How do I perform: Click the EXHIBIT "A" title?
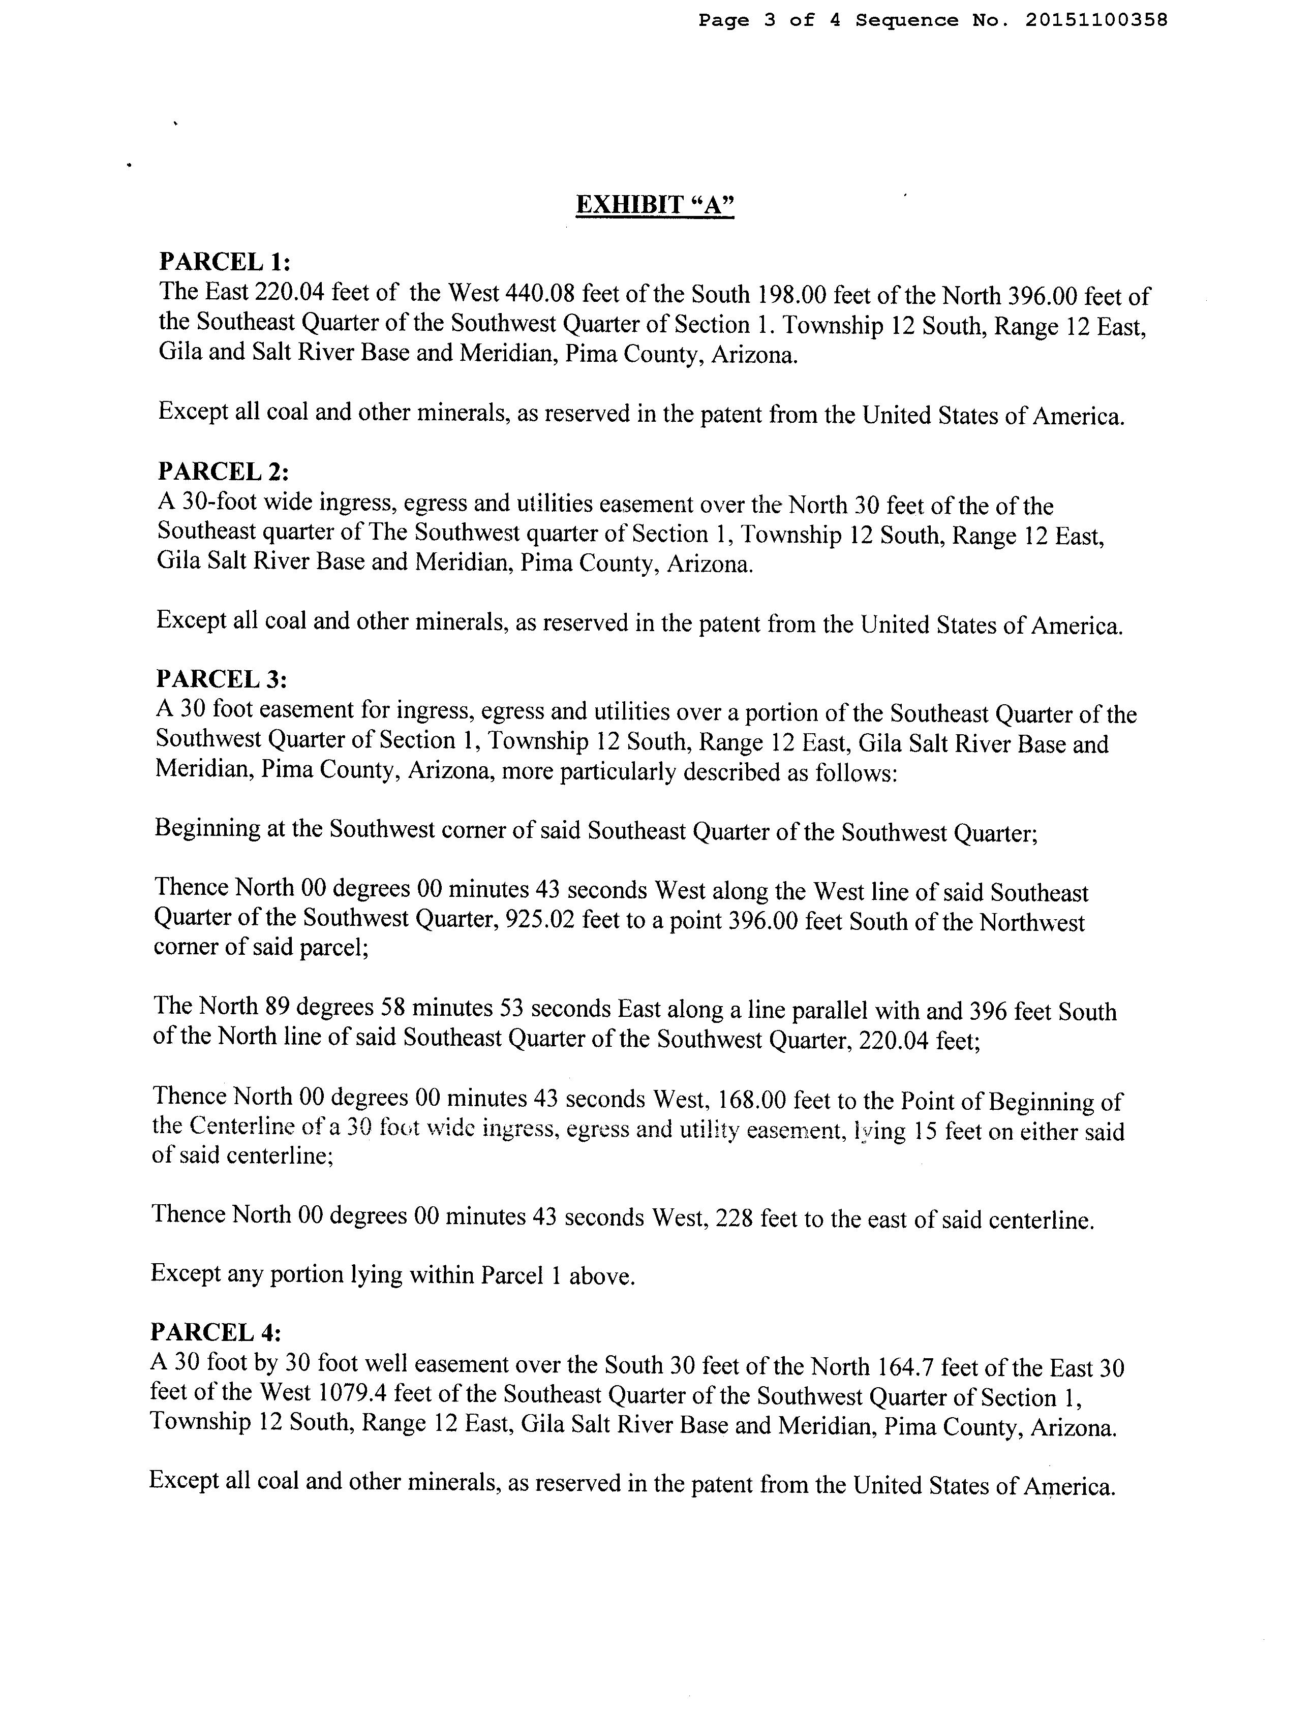point(655,205)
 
